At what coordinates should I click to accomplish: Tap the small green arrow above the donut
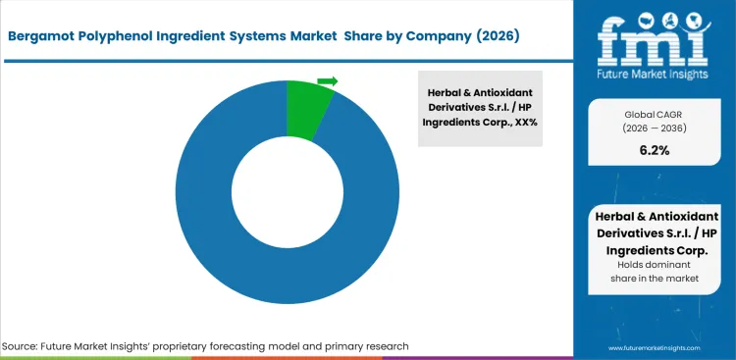(x=328, y=81)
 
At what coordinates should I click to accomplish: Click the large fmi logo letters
(x=656, y=40)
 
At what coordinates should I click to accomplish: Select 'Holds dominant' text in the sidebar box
(x=654, y=265)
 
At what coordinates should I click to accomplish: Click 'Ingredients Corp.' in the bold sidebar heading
(x=654, y=249)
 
